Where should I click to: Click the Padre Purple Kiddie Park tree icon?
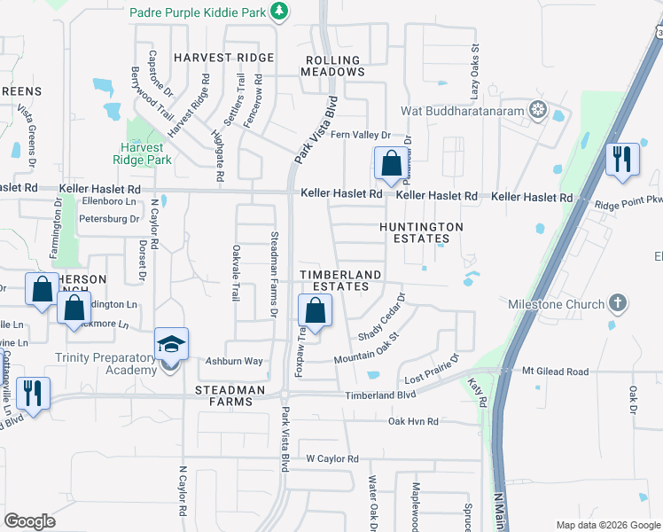[x=280, y=12]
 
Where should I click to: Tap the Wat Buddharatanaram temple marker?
[x=537, y=111]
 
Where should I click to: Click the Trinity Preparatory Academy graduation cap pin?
[x=172, y=344]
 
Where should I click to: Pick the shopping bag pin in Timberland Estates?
[x=315, y=311]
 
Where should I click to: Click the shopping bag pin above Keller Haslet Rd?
[x=391, y=163]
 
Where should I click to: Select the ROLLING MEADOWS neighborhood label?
[x=332, y=66]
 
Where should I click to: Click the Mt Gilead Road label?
[x=556, y=372]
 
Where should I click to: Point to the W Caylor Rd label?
[x=332, y=459]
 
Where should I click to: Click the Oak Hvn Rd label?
[x=413, y=421]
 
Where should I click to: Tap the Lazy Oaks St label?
[x=474, y=72]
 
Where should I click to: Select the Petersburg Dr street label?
[x=109, y=218]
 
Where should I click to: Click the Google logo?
[x=30, y=520]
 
